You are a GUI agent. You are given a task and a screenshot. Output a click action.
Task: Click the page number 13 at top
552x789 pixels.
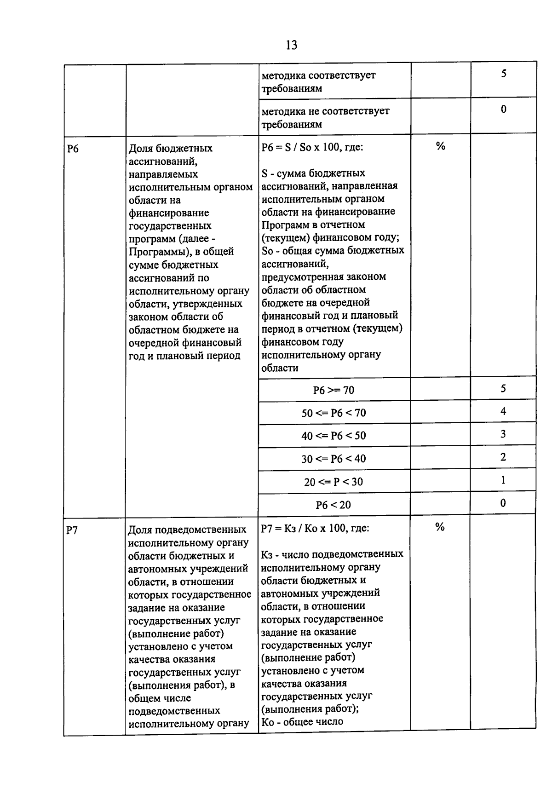pos(291,45)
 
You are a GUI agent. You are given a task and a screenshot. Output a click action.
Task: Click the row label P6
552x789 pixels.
pos(73,149)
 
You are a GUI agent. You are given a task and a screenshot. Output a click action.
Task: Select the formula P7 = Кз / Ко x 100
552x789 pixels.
pos(315,528)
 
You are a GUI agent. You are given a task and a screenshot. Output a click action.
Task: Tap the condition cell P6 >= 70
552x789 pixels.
pos(333,390)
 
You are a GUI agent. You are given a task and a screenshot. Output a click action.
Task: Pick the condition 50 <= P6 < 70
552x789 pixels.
pos(333,413)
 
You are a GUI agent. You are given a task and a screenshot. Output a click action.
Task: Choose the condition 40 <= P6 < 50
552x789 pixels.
pos(333,436)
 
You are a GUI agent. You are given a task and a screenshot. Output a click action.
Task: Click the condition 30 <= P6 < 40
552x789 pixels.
pos(333,459)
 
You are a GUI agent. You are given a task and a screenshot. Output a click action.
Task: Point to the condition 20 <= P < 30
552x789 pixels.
pos(333,482)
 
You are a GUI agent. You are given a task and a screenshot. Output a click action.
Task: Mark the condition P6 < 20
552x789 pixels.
pos(333,505)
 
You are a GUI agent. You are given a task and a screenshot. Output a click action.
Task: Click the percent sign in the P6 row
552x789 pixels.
pos(441,146)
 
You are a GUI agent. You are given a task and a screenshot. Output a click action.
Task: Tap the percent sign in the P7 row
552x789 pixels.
pos(440,527)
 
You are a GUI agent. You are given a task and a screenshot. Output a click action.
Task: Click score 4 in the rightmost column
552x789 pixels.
pos(503,411)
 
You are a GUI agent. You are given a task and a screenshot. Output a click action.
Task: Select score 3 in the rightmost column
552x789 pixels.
pos(503,434)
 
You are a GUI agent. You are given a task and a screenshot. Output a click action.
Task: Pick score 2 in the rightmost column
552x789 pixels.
pos(503,457)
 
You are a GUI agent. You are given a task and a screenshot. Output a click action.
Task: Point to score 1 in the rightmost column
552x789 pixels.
pos(503,480)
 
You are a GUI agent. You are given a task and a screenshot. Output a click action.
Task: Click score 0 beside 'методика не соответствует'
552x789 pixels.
pos(504,109)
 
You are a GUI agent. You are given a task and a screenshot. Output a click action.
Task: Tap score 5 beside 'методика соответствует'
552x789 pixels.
pos(504,74)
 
